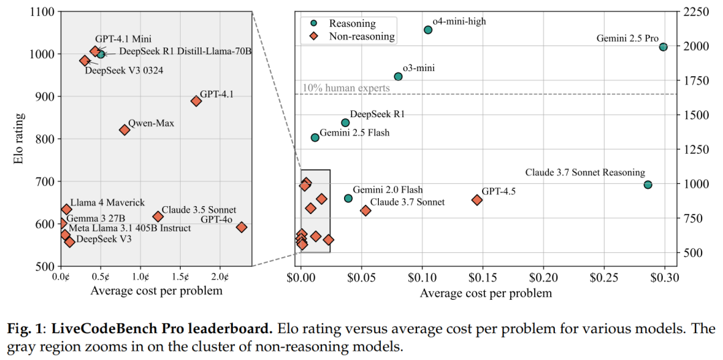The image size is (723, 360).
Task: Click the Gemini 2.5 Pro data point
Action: point(663,47)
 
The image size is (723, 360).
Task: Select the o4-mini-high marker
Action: point(428,29)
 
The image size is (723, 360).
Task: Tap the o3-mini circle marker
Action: point(398,76)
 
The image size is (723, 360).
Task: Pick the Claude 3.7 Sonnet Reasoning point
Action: point(648,185)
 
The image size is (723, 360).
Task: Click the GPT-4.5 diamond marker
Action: point(477,200)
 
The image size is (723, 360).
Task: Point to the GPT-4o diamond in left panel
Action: point(242,228)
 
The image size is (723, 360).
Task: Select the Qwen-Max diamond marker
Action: point(125,130)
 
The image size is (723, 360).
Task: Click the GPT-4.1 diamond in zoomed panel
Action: point(196,101)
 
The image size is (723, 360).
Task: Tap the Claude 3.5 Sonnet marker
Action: point(158,217)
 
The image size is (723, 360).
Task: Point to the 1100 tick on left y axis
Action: point(42,11)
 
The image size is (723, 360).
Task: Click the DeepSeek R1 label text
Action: point(378,114)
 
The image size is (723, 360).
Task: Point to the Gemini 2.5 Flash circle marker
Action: point(315,138)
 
